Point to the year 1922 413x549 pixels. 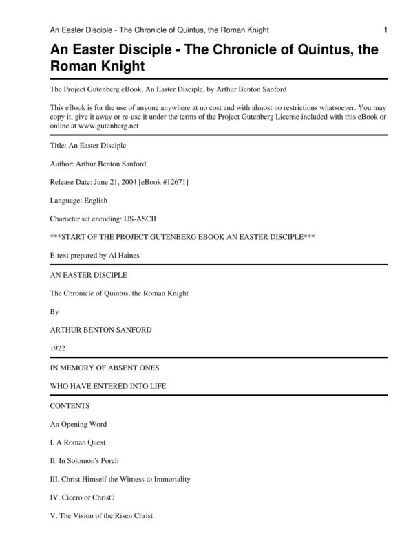tap(58, 348)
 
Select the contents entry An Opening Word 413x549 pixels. tap(78, 424)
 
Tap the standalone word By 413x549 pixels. tap(55, 311)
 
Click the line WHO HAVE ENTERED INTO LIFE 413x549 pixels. tap(107, 387)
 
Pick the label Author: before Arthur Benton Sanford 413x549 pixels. tap(65, 164)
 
